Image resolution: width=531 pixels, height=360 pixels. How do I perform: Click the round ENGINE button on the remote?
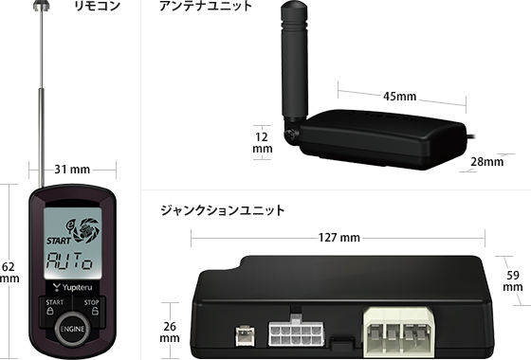72,329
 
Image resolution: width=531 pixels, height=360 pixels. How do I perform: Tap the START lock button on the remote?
54,307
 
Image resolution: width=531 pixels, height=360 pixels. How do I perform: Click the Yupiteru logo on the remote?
72,288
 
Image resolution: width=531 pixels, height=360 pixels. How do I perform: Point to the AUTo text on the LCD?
69,261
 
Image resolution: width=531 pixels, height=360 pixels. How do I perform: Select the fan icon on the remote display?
86,230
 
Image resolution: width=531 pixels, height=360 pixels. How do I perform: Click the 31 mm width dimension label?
72,170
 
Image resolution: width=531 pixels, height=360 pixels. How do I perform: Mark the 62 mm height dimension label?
9,273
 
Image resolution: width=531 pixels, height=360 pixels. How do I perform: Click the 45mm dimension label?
399,97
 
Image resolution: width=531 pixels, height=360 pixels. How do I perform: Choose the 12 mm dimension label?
262,142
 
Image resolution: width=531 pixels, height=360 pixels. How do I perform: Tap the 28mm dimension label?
487,162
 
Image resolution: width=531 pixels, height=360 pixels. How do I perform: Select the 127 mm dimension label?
339,238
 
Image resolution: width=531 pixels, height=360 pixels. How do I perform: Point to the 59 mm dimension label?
513,280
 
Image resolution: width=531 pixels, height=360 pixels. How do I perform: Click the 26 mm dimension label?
170,332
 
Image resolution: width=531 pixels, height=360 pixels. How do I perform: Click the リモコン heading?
97,6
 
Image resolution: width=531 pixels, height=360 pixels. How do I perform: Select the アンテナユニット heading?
206,6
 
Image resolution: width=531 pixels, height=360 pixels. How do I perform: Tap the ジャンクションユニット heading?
222,210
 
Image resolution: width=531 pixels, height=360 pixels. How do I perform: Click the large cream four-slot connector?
398,332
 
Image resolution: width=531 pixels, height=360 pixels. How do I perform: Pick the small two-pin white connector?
246,335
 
